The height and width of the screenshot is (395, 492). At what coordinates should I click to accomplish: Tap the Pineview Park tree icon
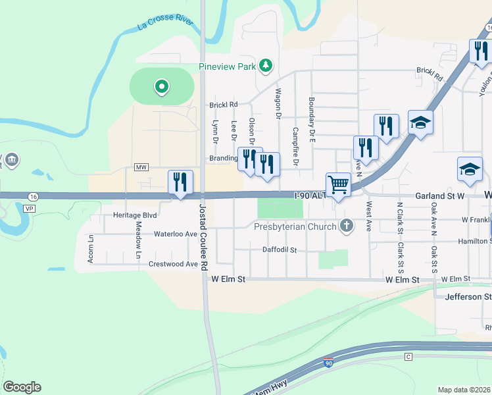pyautogui.click(x=266, y=65)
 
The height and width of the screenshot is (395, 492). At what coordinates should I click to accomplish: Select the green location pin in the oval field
pyautogui.click(x=161, y=86)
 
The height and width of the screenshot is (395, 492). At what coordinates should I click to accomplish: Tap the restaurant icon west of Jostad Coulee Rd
pyautogui.click(x=180, y=182)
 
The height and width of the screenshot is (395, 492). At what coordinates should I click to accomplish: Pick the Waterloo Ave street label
pyautogui.click(x=176, y=234)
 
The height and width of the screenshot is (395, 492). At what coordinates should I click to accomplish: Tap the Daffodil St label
pyautogui.click(x=280, y=250)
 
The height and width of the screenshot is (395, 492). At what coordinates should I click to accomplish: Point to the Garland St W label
pyautogui.click(x=440, y=196)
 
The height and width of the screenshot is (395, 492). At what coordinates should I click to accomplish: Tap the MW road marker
pyautogui.click(x=141, y=167)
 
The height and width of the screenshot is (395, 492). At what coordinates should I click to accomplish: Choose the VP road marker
pyautogui.click(x=28, y=208)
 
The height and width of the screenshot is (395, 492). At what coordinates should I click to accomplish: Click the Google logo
pyautogui.click(x=22, y=387)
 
